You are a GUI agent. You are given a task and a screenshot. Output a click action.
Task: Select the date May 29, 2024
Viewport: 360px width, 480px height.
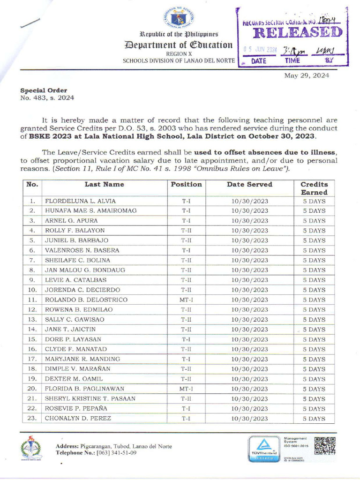[307, 75]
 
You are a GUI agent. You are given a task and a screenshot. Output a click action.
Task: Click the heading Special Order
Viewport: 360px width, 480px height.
[43, 90]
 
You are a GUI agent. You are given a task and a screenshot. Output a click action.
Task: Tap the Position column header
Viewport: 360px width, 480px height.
[186, 184]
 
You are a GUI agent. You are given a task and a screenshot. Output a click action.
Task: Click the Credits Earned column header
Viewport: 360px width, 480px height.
[314, 188]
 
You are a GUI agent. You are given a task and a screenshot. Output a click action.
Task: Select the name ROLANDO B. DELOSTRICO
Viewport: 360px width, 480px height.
[86, 300]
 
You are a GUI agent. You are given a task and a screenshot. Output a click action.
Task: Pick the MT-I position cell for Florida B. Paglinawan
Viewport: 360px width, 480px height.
[186, 389]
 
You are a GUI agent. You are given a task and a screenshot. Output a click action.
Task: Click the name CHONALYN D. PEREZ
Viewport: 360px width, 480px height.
[78, 418]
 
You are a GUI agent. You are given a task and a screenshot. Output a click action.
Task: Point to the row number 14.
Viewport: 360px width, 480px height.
[32, 330]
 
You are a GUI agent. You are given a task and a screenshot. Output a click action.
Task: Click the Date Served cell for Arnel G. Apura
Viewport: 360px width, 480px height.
[250, 220]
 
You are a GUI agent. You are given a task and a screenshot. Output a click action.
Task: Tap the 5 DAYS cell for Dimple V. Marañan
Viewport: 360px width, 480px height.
[314, 369]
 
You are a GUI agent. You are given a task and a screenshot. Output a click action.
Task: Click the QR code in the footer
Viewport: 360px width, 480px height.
[324, 446]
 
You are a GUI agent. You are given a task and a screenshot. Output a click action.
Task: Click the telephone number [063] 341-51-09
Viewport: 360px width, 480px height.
[116, 453]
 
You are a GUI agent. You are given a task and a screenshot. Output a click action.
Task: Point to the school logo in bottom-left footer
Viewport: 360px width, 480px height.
[31, 448]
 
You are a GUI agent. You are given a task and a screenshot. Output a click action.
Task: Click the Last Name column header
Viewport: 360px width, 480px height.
[104, 184]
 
